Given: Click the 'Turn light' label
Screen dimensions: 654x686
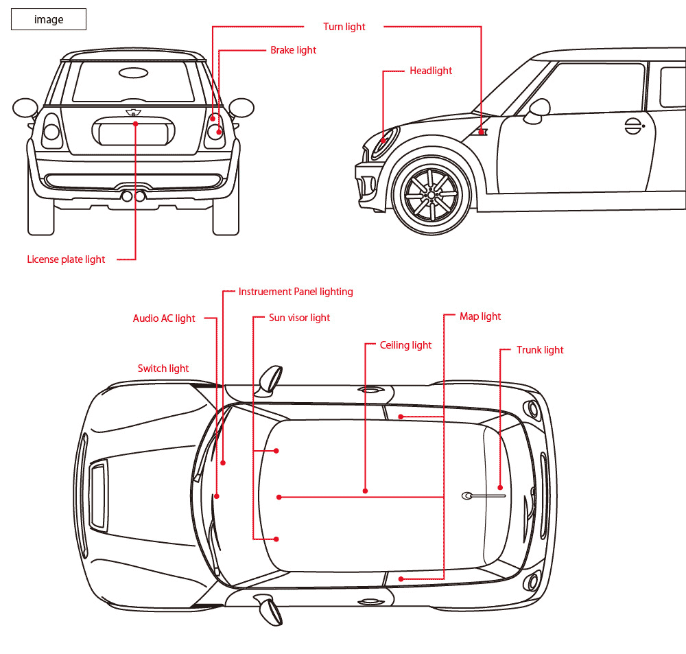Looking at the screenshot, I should click(x=344, y=27).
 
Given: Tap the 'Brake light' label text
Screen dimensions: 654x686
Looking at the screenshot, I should click(x=293, y=50).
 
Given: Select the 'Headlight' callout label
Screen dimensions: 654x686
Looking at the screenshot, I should click(x=431, y=71).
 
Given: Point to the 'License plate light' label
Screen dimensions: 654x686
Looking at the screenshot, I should click(x=66, y=259).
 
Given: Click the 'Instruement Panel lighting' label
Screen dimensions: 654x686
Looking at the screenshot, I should click(x=296, y=292).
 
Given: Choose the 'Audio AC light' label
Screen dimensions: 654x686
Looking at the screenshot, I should click(x=164, y=318).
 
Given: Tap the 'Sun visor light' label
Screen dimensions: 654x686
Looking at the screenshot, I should click(x=299, y=318).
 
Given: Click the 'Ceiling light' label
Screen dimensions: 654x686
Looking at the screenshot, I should click(x=405, y=345).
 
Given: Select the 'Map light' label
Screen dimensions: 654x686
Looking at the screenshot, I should click(x=480, y=316).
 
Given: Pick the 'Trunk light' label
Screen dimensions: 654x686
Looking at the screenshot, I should click(x=540, y=350).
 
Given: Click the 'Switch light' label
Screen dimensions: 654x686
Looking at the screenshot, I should click(x=163, y=369).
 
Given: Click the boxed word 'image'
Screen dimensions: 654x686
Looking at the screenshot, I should click(x=49, y=20).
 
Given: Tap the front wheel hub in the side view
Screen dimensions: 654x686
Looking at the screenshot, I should click(x=431, y=194).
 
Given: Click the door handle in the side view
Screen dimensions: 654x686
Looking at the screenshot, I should click(x=634, y=126).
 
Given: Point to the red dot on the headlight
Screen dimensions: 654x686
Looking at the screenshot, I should click(x=383, y=141).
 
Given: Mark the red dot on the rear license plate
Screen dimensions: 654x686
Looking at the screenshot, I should click(x=136, y=124).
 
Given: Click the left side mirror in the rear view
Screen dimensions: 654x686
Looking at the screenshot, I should click(x=25, y=108).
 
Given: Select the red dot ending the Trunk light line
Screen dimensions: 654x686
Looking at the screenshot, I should click(x=500, y=487).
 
